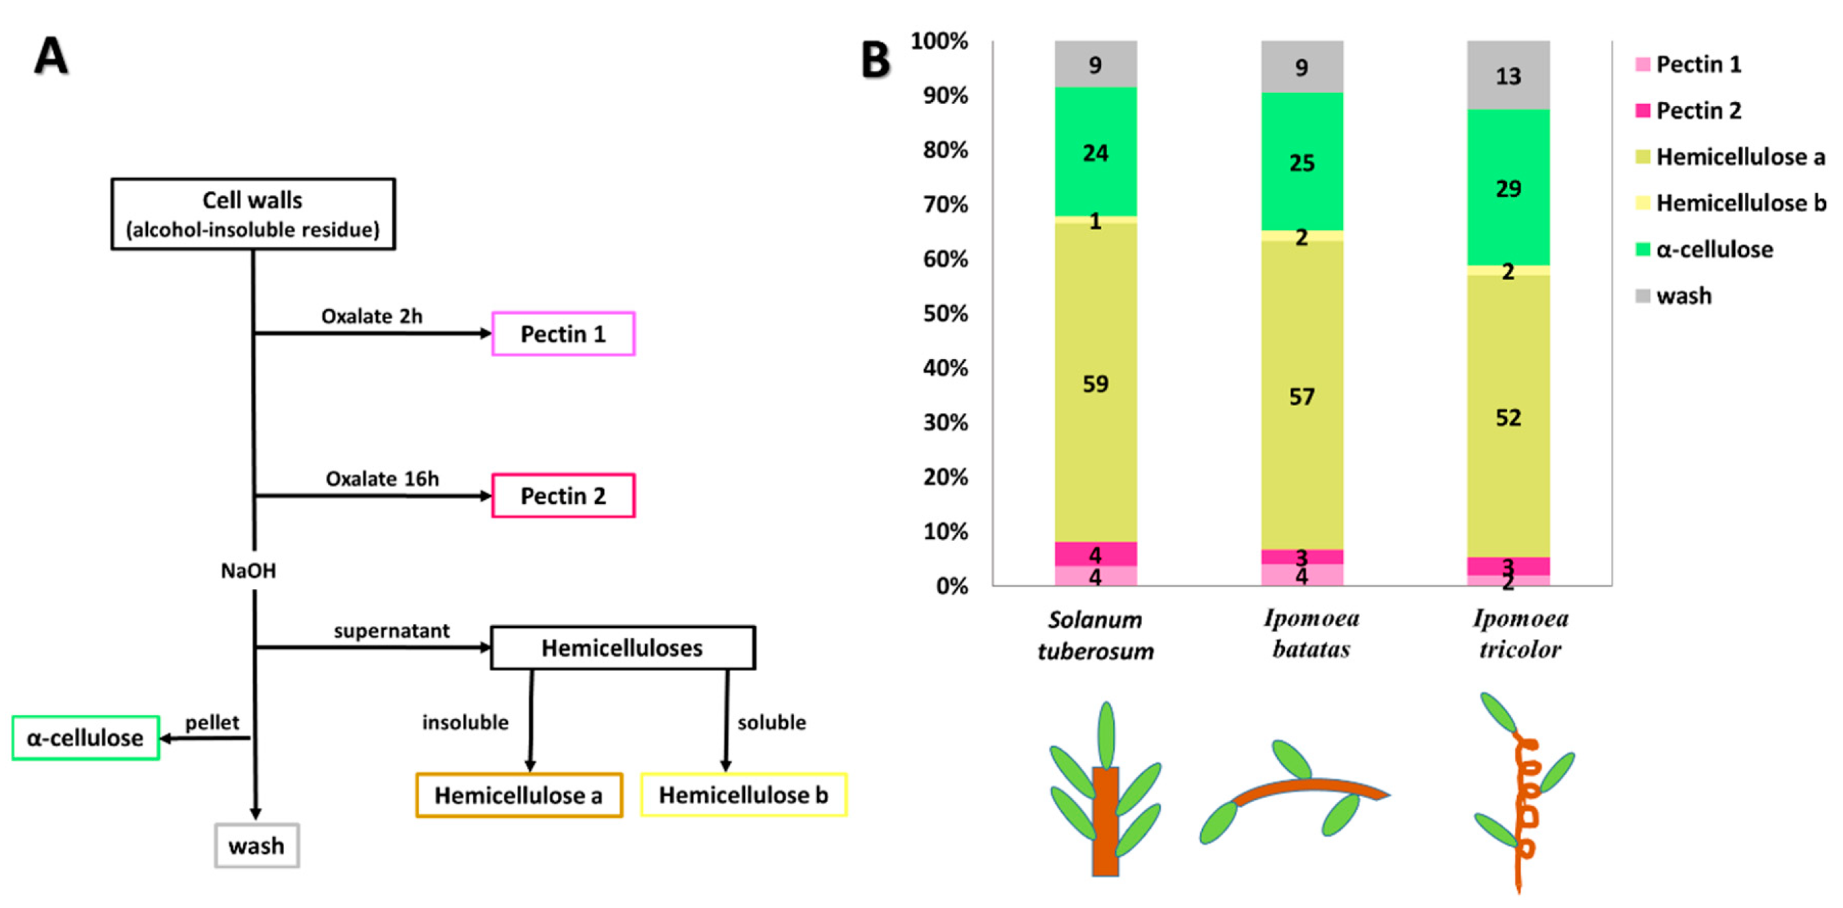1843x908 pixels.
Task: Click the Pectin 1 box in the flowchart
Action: point(563,333)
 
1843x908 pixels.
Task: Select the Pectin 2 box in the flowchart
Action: point(563,495)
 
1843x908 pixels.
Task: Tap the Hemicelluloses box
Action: point(622,648)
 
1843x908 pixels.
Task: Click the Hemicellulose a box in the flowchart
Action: point(519,795)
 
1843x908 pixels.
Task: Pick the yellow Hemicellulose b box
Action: point(743,795)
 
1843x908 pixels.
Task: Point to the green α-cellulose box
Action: point(86,737)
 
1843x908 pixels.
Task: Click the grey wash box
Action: point(256,846)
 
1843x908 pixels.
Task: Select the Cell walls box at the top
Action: point(253,214)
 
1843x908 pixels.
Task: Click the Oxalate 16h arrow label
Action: point(382,479)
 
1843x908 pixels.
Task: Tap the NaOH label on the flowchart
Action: point(248,570)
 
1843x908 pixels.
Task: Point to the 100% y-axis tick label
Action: point(939,41)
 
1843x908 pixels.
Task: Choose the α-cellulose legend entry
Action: point(1714,250)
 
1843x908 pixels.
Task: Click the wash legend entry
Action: point(1683,296)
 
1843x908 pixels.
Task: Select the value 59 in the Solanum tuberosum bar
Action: point(1095,384)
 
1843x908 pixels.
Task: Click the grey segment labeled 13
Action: point(1508,75)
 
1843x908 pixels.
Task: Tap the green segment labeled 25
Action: point(1301,162)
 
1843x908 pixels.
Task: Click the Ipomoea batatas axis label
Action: point(1310,633)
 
